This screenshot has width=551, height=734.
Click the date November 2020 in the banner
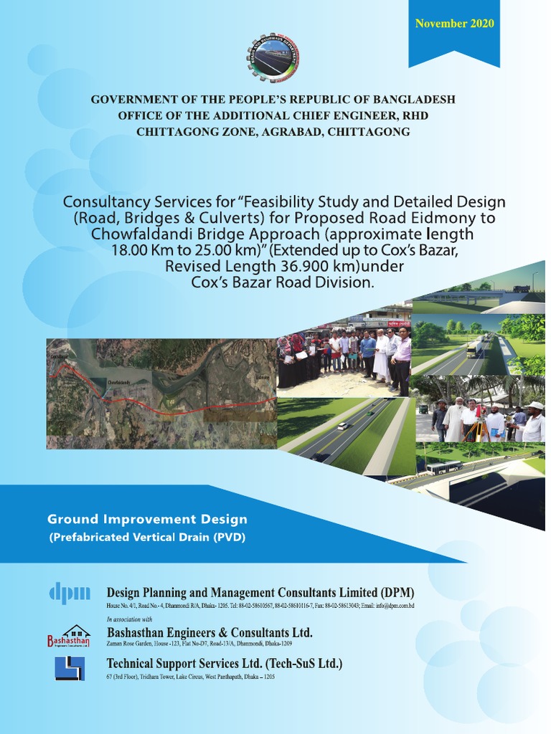[x=454, y=24]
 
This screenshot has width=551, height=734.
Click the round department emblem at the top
[x=273, y=57]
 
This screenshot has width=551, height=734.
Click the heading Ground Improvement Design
[x=147, y=519]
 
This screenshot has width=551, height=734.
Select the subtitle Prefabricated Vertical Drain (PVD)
[x=146, y=537]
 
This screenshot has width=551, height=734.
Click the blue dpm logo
[x=70, y=593]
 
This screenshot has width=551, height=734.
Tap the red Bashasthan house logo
[x=70, y=636]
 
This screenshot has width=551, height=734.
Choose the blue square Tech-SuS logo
[x=70, y=668]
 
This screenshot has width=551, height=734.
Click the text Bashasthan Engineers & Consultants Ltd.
[x=209, y=632]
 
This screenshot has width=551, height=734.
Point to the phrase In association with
[x=129, y=619]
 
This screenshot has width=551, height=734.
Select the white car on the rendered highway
[x=343, y=426]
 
